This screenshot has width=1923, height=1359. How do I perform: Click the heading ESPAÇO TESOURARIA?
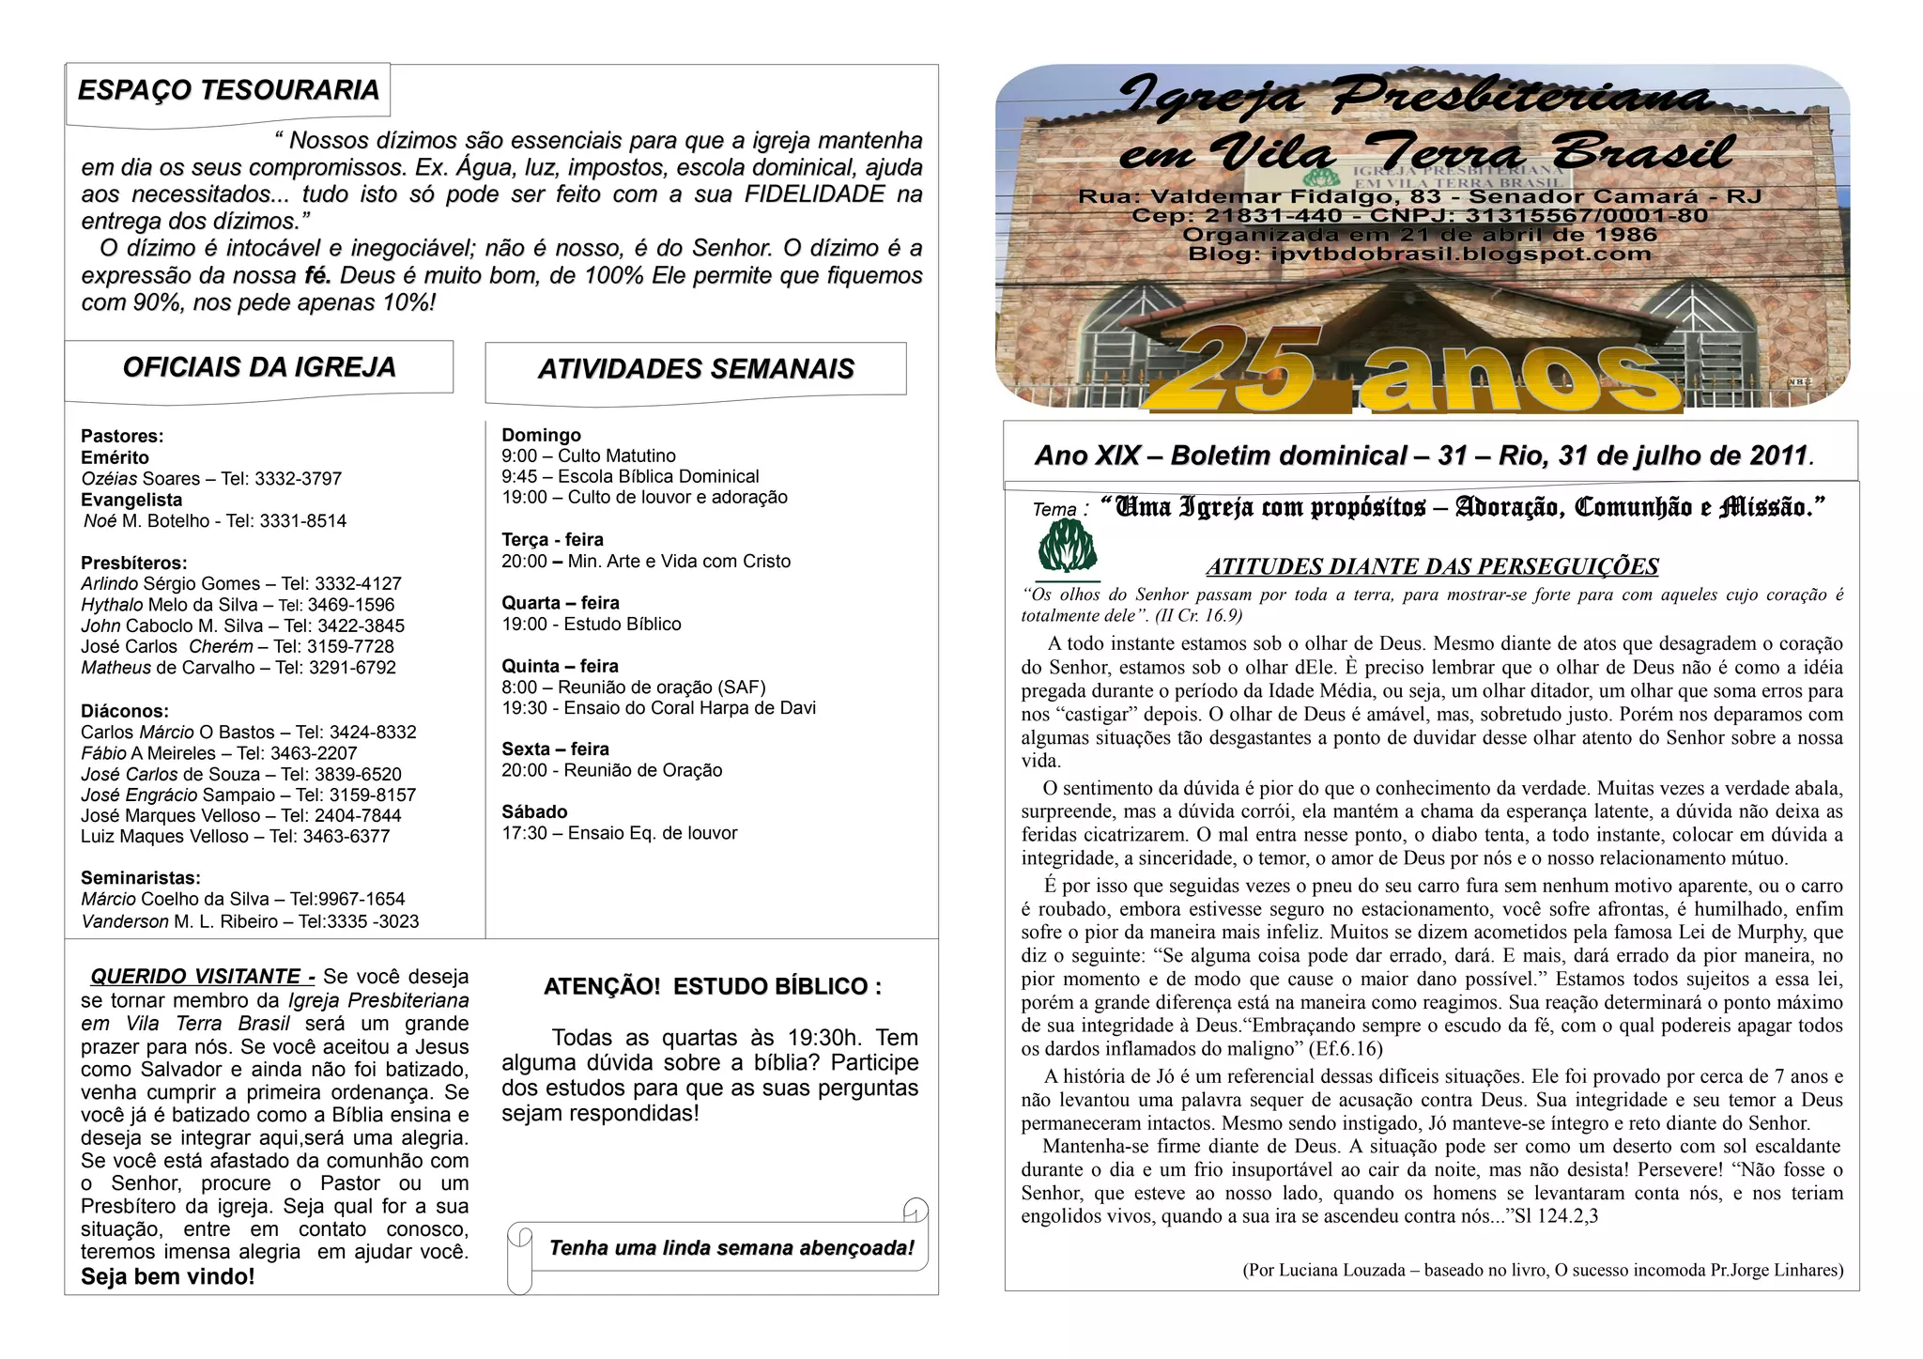click(x=228, y=91)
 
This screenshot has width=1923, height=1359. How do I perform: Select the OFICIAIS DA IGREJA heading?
click(x=259, y=367)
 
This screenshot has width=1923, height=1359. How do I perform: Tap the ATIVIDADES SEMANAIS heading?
click(x=696, y=369)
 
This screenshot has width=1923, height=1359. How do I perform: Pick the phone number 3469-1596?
click(x=351, y=605)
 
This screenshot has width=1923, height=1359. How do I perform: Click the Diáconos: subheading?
click(x=125, y=711)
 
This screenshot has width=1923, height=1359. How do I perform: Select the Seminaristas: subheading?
click(x=141, y=878)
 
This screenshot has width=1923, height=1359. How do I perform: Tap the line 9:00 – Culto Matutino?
click(x=589, y=456)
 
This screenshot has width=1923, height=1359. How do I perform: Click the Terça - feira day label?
click(x=552, y=540)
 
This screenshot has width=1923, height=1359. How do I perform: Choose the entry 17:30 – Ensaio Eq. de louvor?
click(x=620, y=833)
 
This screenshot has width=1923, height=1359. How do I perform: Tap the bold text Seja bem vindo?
click(x=168, y=1277)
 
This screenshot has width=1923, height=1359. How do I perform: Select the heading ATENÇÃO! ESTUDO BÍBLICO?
click(x=713, y=987)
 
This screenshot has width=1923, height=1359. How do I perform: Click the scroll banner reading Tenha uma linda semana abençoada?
click(x=731, y=1248)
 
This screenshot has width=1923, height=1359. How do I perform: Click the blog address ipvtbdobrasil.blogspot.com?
click(x=1460, y=255)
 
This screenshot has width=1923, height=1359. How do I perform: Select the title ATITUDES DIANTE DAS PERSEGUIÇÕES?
click(x=1432, y=566)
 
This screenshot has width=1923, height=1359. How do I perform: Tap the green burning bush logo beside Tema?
click(x=1068, y=548)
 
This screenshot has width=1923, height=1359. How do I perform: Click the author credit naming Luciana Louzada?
click(x=1543, y=1271)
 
